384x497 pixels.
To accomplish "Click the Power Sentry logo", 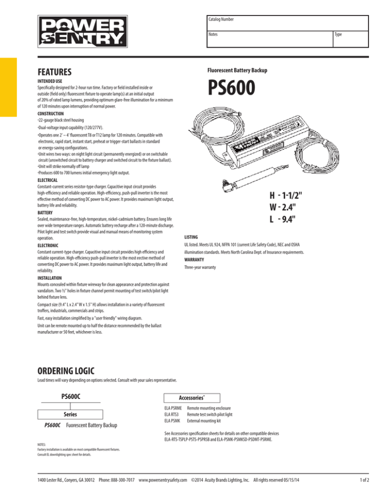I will pyautogui.click(x=80, y=31).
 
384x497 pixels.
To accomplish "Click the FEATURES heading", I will pyautogui.click(x=55, y=72).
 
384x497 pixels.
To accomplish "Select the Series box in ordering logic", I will pyautogui.click(x=71, y=414).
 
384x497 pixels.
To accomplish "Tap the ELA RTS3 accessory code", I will pyautogui.click(x=171, y=414).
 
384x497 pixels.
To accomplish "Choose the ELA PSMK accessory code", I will pyautogui.click(x=171, y=420).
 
